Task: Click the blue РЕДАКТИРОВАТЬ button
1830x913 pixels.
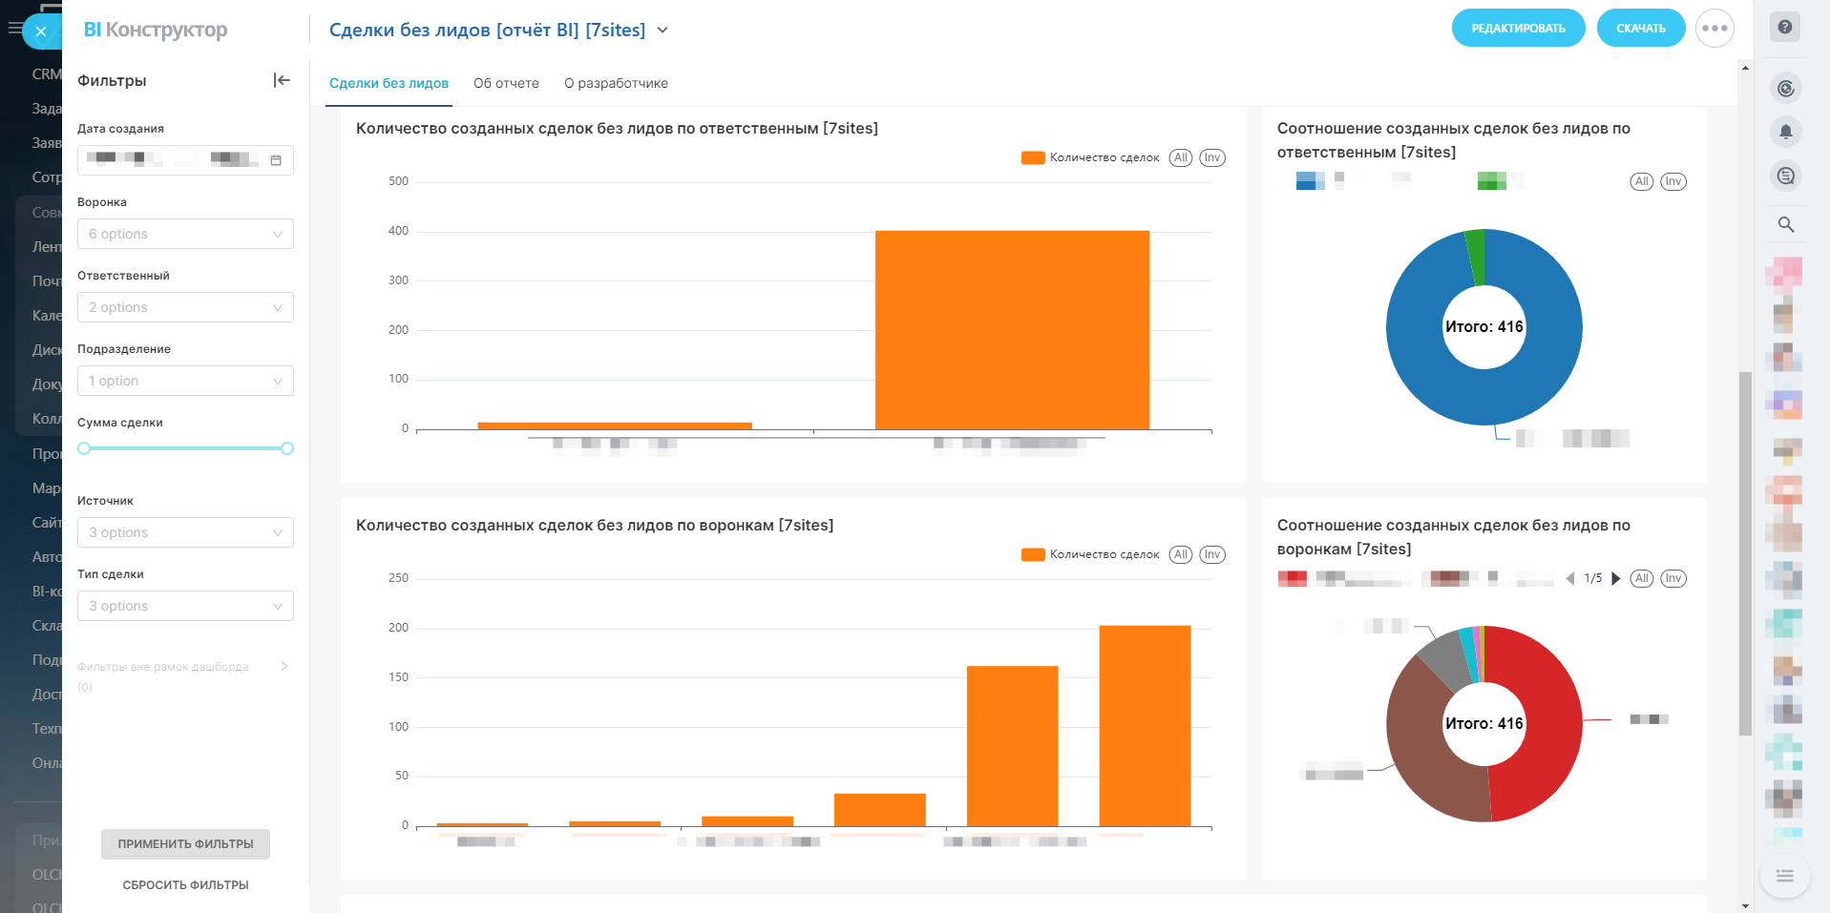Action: [1518, 29]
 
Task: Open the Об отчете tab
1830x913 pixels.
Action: [506, 83]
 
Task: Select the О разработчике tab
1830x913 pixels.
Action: [616, 83]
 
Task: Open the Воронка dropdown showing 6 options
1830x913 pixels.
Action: [185, 234]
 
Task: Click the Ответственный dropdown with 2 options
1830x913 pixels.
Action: [185, 307]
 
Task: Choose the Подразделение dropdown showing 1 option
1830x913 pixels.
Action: [185, 381]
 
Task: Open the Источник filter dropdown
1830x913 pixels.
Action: [185, 532]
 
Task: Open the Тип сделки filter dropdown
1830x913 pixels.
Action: [185, 606]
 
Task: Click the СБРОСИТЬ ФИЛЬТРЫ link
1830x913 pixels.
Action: [185, 885]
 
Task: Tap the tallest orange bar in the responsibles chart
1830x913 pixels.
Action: [1012, 329]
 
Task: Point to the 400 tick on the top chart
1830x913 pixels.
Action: [398, 231]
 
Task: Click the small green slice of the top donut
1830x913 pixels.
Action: [1476, 256]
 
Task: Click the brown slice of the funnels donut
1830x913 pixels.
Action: [1427, 754]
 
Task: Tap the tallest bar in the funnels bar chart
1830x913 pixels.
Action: [1145, 725]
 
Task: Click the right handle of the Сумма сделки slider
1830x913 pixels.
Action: [287, 448]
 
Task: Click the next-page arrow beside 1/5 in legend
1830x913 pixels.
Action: [1616, 578]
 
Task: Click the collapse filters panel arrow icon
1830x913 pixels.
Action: [282, 80]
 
